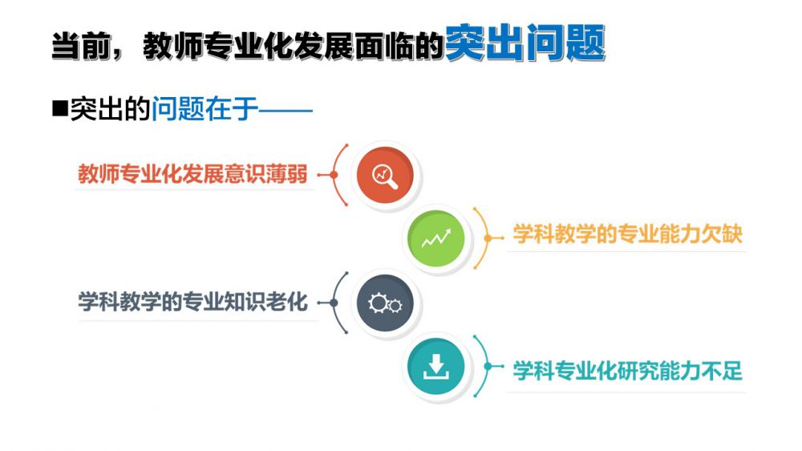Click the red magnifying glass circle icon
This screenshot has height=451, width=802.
click(x=385, y=175)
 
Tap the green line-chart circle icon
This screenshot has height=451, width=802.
click(x=435, y=238)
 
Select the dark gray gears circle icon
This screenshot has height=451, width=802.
click(x=385, y=303)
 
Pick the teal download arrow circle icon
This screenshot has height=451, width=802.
click(x=435, y=367)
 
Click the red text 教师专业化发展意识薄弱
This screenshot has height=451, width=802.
click(x=192, y=174)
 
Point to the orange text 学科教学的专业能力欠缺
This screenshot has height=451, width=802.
click(x=628, y=234)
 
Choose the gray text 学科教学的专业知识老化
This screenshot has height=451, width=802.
click(x=192, y=302)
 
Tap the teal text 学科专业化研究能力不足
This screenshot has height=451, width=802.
click(x=628, y=371)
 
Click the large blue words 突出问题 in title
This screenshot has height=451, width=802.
click(x=525, y=43)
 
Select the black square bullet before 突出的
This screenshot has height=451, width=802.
click(x=60, y=108)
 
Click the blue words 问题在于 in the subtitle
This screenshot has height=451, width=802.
click(x=205, y=108)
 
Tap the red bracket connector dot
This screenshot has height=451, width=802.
click(x=334, y=175)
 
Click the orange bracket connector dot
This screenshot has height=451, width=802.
click(x=488, y=238)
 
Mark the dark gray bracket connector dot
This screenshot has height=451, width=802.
click(x=334, y=303)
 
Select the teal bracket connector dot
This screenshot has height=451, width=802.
click(x=488, y=367)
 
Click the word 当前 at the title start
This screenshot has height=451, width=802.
click(x=80, y=46)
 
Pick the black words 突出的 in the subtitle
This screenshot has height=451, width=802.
click(x=110, y=108)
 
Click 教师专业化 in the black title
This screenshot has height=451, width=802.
click(x=218, y=46)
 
